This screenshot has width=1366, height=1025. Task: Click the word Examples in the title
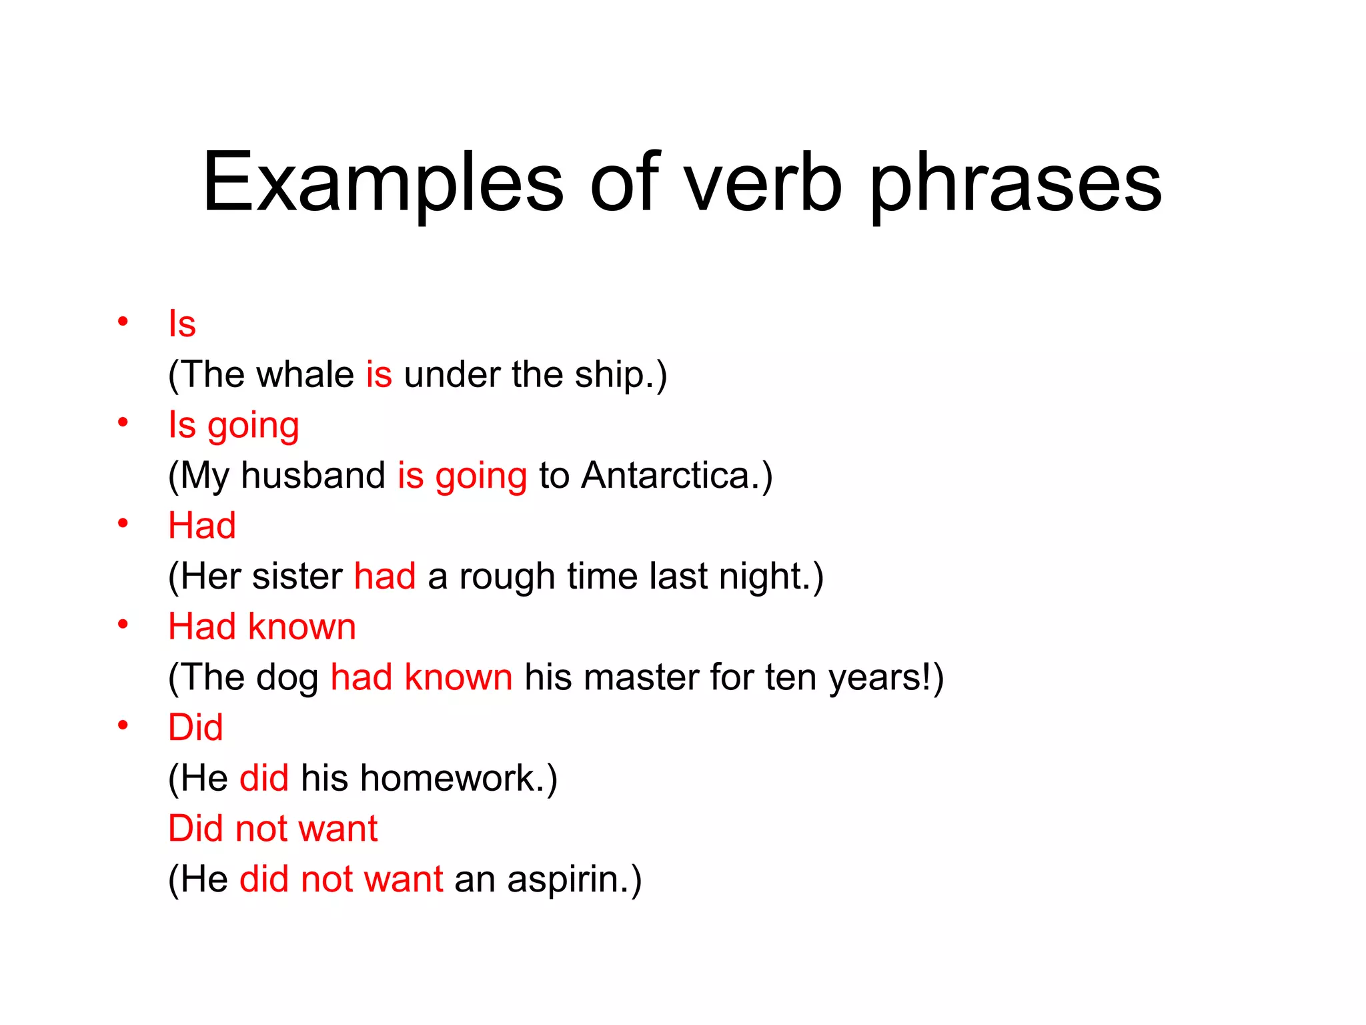coord(383,182)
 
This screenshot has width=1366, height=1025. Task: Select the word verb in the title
coord(763,182)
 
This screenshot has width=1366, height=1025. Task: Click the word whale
coord(305,374)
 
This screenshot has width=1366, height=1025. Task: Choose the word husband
coord(313,475)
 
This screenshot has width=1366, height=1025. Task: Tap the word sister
coord(297,576)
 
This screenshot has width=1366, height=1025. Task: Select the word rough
coord(507,577)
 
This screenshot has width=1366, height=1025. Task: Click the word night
coord(764,577)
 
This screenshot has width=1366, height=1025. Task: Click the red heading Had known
coord(262,627)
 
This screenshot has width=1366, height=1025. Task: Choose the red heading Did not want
coord(273,828)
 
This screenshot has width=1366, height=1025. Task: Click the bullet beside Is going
coord(123,422)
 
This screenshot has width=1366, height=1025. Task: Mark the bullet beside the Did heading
coord(123,725)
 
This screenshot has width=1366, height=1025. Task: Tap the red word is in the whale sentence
coord(378,374)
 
